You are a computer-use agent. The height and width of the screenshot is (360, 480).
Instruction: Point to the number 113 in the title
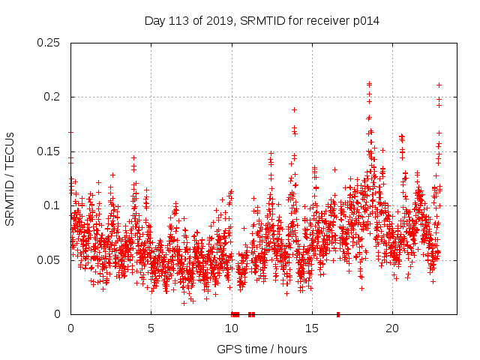181,21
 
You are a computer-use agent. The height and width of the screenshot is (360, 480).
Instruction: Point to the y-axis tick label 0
59,314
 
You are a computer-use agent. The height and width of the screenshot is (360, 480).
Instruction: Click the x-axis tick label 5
151,328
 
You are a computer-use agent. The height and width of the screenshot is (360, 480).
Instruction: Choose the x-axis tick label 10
231,328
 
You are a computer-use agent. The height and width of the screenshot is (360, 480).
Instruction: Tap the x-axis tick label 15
311,328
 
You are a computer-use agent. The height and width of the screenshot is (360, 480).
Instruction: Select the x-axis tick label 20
391,328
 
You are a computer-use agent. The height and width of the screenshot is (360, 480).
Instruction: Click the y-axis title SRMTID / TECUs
10,178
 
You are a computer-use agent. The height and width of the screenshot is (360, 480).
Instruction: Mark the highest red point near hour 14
294,109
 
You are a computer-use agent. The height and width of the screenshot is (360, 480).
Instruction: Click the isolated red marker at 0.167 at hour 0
70,133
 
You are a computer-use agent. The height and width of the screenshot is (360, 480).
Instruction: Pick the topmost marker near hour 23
439,85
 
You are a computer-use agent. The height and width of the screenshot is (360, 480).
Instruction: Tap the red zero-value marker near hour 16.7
338,314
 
